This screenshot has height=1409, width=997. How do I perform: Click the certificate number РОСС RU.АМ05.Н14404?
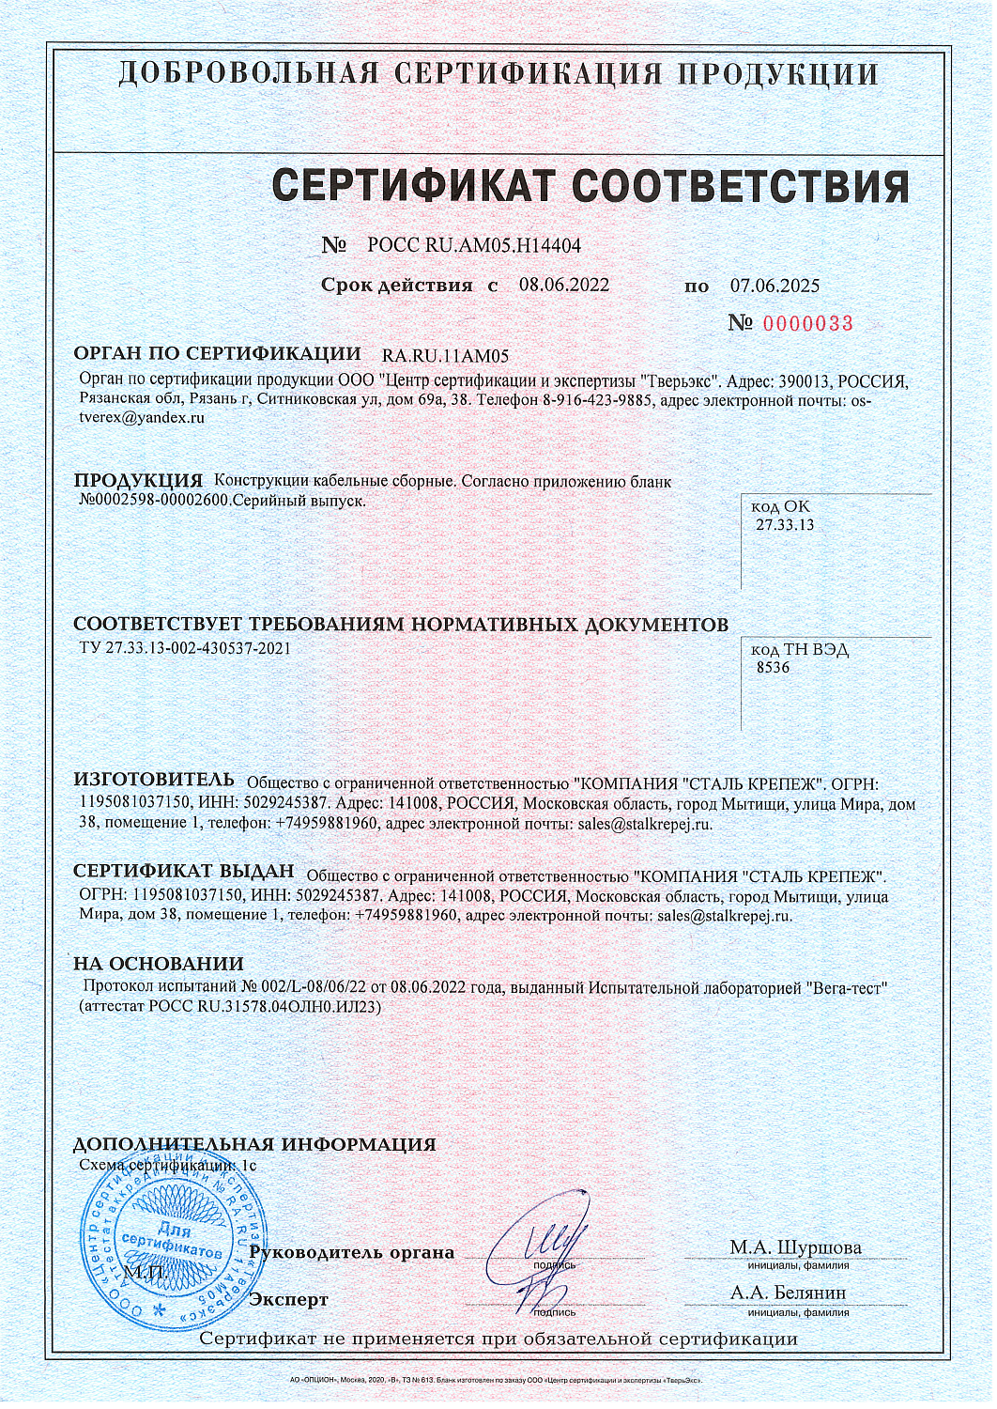(473, 246)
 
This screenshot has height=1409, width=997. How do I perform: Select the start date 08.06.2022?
(563, 286)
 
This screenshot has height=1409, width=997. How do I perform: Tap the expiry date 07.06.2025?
(775, 286)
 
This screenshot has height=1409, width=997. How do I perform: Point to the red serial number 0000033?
(807, 324)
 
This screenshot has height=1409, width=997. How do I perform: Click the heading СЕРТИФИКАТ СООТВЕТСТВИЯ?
(591, 187)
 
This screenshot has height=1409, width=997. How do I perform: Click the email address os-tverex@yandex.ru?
(141, 418)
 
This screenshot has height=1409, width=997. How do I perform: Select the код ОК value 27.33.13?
(785, 525)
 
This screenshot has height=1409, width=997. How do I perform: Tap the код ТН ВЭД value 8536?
(773, 668)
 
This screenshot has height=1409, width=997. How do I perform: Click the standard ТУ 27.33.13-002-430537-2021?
(185, 648)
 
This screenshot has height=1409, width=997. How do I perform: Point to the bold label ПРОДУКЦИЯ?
(138, 481)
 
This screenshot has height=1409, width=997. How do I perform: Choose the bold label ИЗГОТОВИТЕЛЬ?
(154, 781)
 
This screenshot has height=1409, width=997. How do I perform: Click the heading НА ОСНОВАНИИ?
(159, 964)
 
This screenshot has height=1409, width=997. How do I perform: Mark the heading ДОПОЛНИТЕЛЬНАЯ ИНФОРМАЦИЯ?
(254, 1144)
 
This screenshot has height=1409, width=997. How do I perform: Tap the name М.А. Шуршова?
(795, 1247)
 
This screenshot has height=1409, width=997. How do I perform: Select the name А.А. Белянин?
(788, 1293)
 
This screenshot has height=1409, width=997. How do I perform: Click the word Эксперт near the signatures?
(288, 1300)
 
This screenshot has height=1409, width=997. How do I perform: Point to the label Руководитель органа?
(352, 1252)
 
